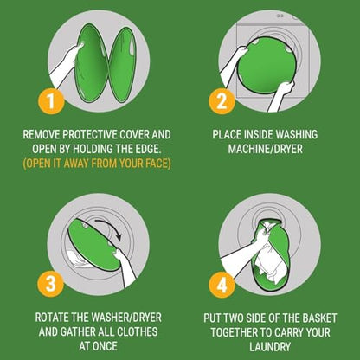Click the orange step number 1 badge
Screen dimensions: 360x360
[x=51, y=101]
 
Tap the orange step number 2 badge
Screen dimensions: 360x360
[x=222, y=101]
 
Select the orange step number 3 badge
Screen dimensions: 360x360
[x=51, y=284]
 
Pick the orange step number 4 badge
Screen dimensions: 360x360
[x=222, y=285]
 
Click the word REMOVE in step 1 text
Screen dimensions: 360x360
[x=42, y=134]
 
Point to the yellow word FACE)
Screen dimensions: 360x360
[x=158, y=164]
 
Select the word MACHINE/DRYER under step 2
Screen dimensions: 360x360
[x=266, y=149]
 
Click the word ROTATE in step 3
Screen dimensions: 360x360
[x=52, y=318]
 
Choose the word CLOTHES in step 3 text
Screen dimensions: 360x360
[x=138, y=331]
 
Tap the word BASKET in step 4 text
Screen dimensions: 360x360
[x=319, y=318]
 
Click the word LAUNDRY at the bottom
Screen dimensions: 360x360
[x=270, y=347]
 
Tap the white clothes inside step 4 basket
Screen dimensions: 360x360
[x=267, y=266]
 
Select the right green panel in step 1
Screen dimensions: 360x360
[x=123, y=65]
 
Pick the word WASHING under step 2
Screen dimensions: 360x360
[x=297, y=134]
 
